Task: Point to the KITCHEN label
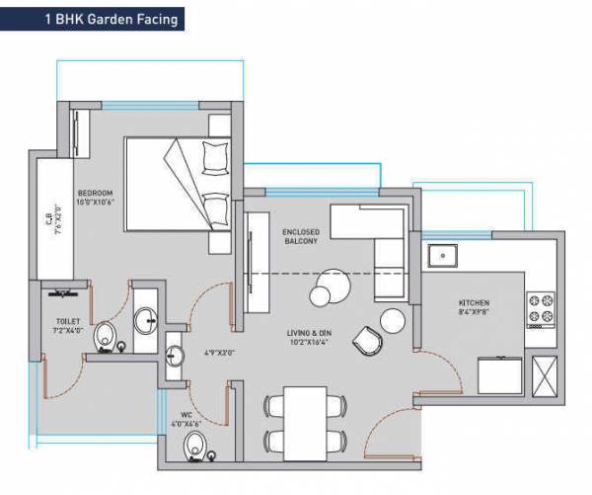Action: (475, 303)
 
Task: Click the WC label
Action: (185, 416)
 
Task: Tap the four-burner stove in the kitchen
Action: (540, 309)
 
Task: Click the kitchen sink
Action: (444, 256)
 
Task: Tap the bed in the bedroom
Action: (178, 183)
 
